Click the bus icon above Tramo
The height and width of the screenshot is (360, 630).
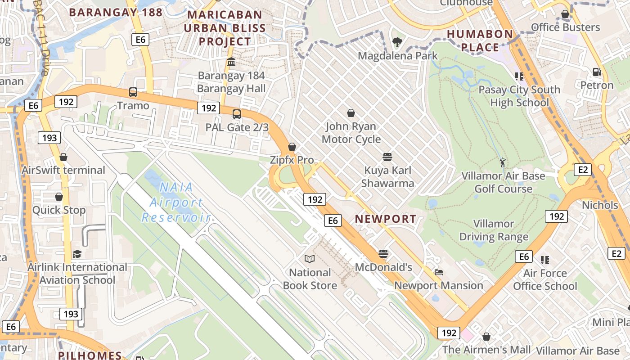133,92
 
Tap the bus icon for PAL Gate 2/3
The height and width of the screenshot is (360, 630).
237,114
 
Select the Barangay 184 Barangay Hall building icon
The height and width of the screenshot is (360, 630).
231,62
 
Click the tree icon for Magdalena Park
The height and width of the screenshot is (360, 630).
397,43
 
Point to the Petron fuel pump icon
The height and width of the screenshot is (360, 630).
597,72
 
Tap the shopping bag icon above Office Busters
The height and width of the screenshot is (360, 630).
565,14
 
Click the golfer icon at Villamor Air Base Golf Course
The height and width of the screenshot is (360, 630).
503,162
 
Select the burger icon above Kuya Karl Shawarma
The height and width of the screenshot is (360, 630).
387,157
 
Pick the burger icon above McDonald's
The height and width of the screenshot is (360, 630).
383,254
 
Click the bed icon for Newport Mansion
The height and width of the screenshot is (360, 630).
439,272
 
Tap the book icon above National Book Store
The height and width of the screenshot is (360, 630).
310,259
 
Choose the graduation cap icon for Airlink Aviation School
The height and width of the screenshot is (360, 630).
77,254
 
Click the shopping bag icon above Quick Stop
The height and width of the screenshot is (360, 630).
59,197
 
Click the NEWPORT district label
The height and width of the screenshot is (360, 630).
385,219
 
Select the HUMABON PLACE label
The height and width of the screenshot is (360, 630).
480,40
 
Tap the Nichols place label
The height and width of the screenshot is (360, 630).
600,205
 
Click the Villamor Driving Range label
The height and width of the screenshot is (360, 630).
494,230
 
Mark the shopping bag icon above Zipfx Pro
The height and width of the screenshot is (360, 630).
292,147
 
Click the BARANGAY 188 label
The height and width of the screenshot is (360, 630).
116,13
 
